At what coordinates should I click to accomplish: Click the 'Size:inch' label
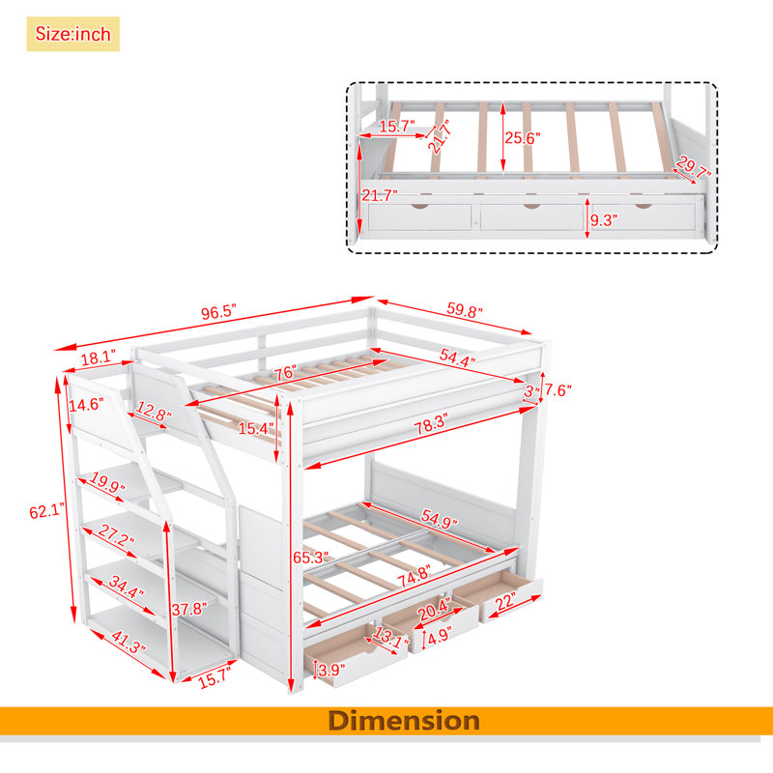(x=73, y=34)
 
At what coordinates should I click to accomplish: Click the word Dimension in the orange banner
(x=404, y=721)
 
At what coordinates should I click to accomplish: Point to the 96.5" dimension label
(x=218, y=312)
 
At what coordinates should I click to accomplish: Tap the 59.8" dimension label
(x=465, y=310)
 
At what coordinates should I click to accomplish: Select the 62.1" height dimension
(x=46, y=511)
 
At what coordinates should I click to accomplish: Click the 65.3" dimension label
(x=310, y=558)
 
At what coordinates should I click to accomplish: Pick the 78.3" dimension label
(x=431, y=424)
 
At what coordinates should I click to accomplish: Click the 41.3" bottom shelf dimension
(x=129, y=642)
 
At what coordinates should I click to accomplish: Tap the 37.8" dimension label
(x=189, y=609)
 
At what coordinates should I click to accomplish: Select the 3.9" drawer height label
(x=331, y=670)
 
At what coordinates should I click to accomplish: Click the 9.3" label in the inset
(x=603, y=220)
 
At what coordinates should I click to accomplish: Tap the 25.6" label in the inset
(x=522, y=138)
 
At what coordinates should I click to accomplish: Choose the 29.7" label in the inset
(x=694, y=167)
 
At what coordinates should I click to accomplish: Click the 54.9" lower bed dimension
(x=439, y=519)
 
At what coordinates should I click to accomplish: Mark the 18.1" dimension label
(x=99, y=358)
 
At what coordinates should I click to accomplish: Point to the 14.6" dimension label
(x=86, y=405)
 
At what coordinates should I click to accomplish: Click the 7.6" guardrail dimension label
(x=558, y=390)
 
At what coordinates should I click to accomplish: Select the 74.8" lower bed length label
(x=415, y=576)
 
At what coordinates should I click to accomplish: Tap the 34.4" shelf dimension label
(x=126, y=587)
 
